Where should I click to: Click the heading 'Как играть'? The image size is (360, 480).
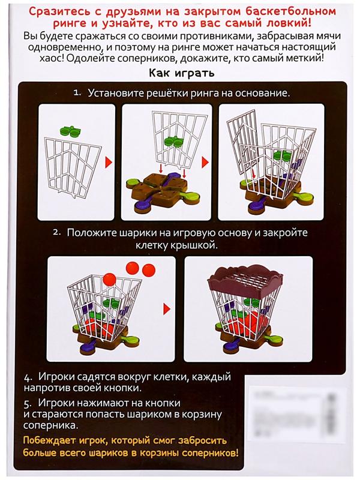(x=179, y=73)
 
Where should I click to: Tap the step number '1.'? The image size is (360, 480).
(x=77, y=94)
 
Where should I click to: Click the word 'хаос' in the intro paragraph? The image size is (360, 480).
(x=40, y=59)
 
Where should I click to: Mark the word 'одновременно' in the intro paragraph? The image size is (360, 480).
(x=61, y=49)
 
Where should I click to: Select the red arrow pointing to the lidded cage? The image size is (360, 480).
(x=166, y=308)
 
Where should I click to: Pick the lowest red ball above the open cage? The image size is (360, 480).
(x=108, y=278)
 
